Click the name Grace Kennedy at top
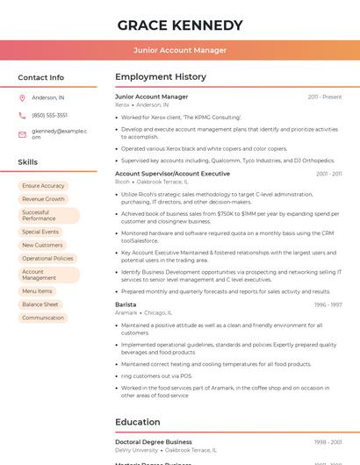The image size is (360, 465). tap(180, 25)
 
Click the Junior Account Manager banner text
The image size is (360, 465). tap(180, 50)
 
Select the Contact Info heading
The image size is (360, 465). tap(41, 77)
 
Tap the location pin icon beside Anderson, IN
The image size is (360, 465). tap(22, 97)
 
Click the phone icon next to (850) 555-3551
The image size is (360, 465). tap(22, 115)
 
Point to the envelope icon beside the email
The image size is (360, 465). tap(22, 134)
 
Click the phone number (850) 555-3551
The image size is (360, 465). tap(49, 115)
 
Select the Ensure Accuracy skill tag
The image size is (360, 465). tap(43, 186)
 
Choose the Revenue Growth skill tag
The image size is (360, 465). tap(43, 199)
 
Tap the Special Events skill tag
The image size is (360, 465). tap(40, 232)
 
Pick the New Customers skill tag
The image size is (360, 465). tap(42, 245)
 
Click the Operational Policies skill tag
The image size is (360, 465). tap(47, 259)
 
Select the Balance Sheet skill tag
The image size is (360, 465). tap(40, 304)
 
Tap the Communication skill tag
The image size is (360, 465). tap(43, 318)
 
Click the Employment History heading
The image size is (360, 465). tap(161, 77)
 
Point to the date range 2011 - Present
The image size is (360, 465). tap(325, 97)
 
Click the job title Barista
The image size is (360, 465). tap(126, 304)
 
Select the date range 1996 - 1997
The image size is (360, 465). tap(328, 304)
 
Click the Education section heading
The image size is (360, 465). tap(138, 422)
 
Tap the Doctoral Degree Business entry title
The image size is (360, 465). tap(154, 442)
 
